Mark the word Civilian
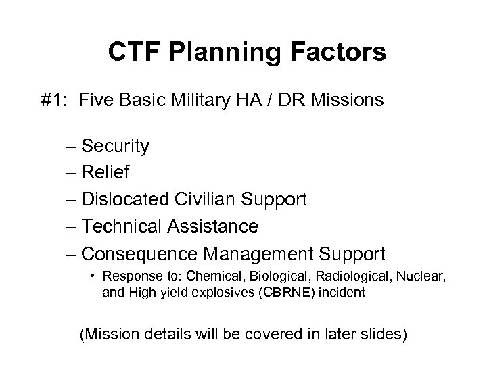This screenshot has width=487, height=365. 206,199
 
